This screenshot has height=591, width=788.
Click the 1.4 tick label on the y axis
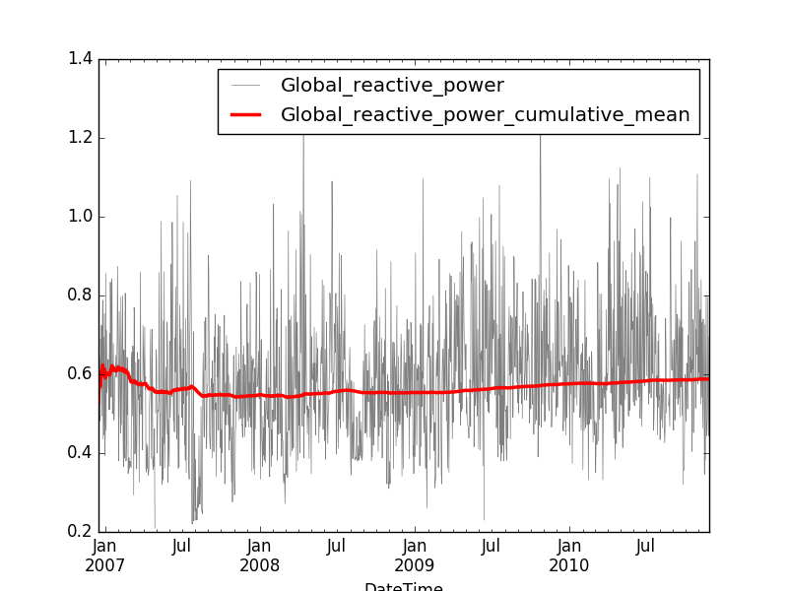80,59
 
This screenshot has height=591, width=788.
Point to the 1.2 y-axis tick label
80,138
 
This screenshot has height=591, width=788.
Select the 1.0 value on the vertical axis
80,217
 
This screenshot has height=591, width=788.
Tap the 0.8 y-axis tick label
80,295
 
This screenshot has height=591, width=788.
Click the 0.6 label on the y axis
80,374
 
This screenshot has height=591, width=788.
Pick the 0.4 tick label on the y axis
80,453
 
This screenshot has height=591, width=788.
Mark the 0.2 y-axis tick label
80,532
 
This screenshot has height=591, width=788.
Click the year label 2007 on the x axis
104,565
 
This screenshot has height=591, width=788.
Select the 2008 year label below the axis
259,565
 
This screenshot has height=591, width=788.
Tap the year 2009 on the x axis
415,565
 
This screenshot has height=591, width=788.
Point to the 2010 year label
569,565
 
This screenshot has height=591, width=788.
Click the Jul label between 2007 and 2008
182,545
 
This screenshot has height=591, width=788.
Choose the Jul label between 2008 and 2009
337,545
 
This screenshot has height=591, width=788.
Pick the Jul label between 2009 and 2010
492,545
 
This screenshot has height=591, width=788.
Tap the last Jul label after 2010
646,545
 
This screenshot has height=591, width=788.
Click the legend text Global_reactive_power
392,86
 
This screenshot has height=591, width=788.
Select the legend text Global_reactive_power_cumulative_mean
485,115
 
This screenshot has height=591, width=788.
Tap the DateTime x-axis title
404,587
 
